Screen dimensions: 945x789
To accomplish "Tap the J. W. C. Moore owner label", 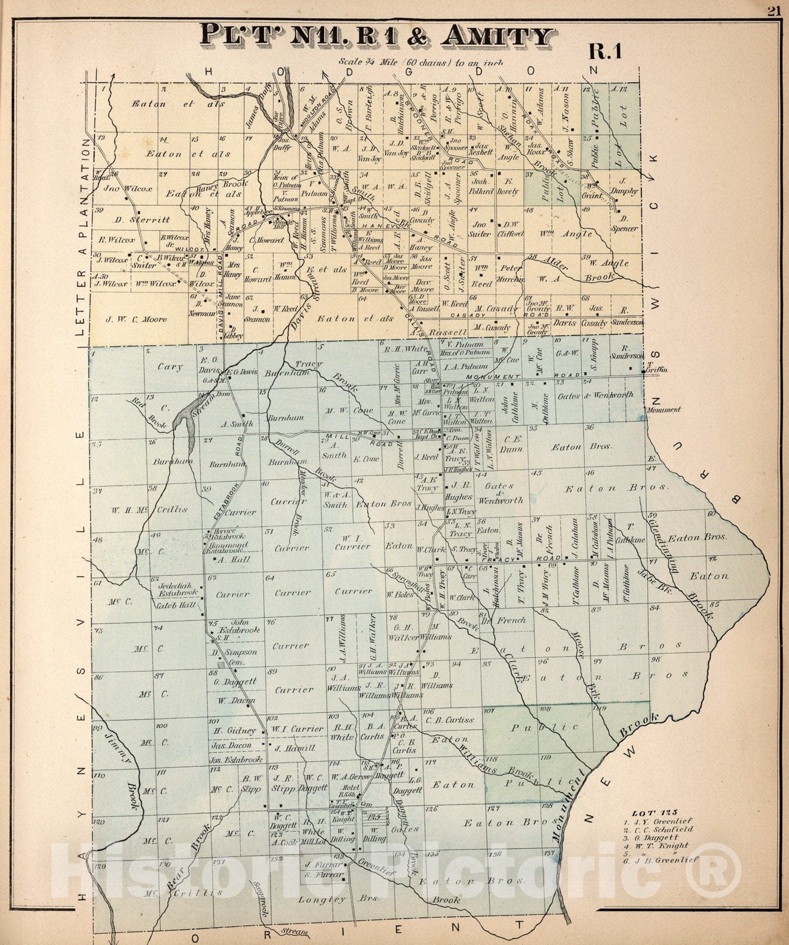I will (x=136, y=320).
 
